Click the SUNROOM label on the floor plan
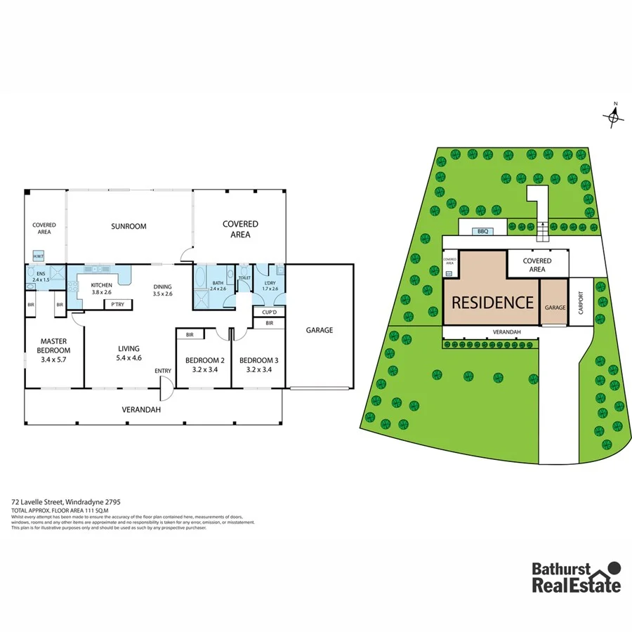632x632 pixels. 129,226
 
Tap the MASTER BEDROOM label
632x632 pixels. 54,345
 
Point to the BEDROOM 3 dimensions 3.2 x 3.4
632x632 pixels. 258,370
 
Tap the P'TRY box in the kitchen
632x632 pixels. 114,305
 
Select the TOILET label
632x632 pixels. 244,278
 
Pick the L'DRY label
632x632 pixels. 270,282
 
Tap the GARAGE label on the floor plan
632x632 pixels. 319,329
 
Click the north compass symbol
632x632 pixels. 614,116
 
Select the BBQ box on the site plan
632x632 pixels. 482,230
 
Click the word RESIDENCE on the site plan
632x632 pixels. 492,303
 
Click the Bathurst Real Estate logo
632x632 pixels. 576,577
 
